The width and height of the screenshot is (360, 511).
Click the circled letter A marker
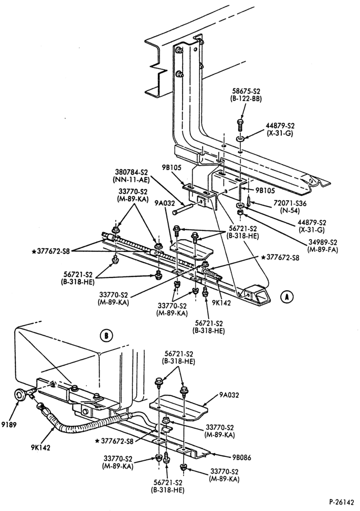click(287, 296)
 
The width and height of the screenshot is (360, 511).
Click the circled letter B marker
click(106, 335)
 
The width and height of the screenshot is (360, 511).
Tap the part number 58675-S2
click(247, 92)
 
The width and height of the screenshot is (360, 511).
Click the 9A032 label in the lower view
click(230, 396)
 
